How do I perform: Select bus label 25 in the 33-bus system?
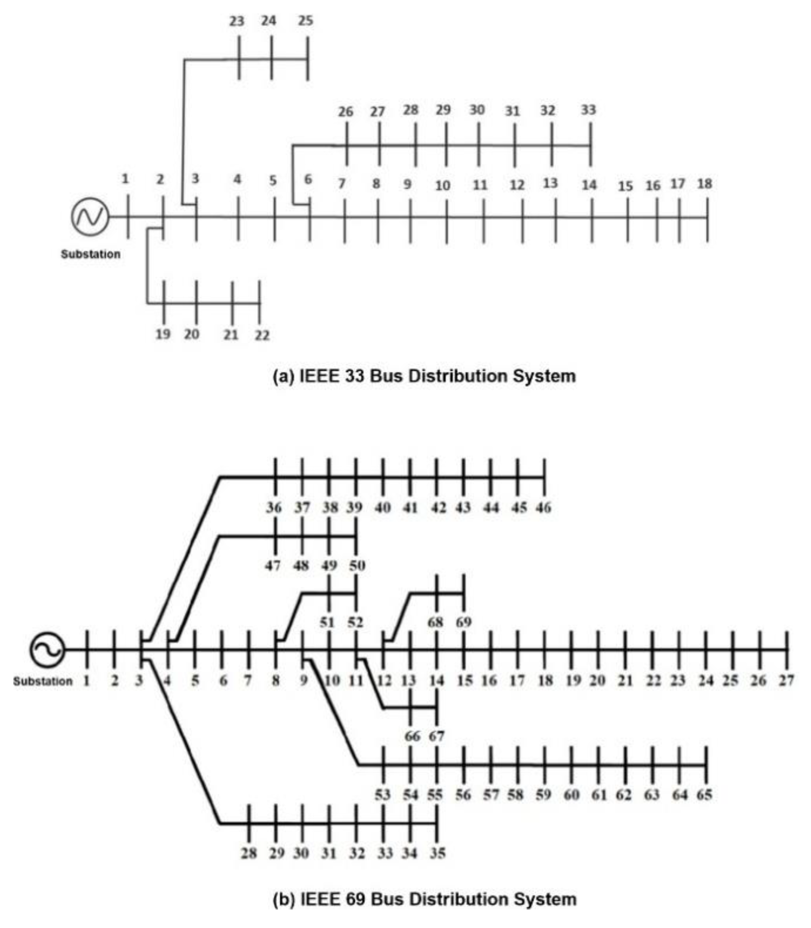(x=305, y=21)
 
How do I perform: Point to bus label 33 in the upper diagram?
(x=588, y=110)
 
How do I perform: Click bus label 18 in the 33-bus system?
(x=705, y=183)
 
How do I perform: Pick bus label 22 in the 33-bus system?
(x=262, y=335)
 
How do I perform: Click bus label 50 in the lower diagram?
(x=357, y=565)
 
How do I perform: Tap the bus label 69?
(x=464, y=622)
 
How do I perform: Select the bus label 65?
(x=705, y=795)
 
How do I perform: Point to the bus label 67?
(x=437, y=736)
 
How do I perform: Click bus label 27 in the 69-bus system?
(x=786, y=680)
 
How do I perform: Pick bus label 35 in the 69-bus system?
(x=438, y=853)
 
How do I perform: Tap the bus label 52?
(x=355, y=622)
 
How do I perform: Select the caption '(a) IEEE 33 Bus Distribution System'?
(x=424, y=376)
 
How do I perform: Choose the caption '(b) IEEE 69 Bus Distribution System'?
(x=424, y=898)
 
